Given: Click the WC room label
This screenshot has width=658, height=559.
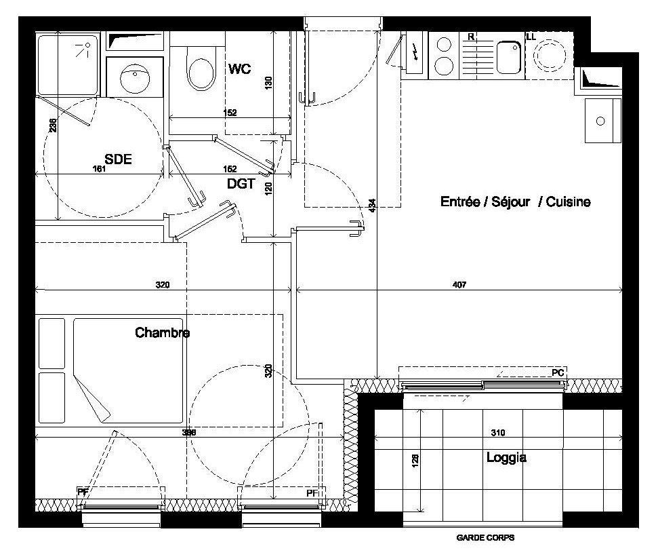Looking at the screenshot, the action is click(240, 69).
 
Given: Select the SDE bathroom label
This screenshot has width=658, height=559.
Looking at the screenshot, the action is click(118, 159).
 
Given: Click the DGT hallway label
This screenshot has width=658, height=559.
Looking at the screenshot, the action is click(241, 184).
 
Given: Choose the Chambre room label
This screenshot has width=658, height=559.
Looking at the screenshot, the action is click(163, 332).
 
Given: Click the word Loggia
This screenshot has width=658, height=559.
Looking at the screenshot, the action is click(506, 457).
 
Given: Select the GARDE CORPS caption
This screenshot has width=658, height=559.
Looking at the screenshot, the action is click(485, 537).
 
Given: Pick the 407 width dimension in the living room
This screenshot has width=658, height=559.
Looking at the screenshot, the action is click(459, 285).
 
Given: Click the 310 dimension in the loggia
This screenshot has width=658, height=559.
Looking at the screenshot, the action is click(497, 433).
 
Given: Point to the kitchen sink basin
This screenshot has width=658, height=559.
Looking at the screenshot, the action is click(508, 57).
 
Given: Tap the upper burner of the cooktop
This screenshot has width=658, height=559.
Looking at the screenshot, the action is click(444, 44).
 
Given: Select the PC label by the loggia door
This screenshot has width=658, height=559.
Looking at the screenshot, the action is click(558, 372).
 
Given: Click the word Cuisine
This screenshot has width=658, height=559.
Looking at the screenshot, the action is click(568, 201).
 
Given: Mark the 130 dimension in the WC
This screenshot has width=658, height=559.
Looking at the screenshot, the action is click(269, 82).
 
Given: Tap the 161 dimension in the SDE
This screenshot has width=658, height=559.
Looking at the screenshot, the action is click(99, 169).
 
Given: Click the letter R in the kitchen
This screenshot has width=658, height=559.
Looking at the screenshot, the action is click(471, 37).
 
